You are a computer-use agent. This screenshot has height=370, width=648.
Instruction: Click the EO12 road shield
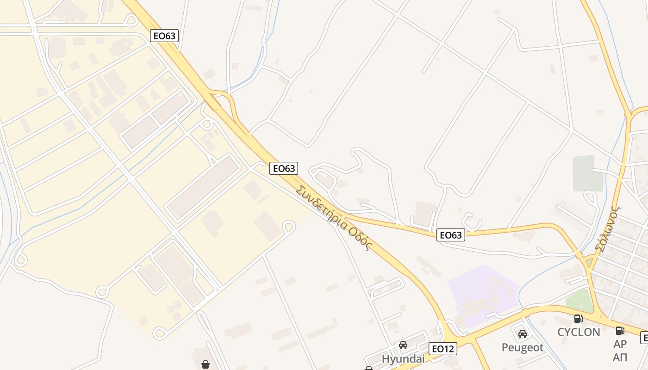coord(443,348)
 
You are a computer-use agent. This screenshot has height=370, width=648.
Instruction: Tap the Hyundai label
coord(403,359)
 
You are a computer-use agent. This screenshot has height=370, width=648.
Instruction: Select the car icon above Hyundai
coord(403,345)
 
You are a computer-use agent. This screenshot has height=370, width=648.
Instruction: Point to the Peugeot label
coord(523,347)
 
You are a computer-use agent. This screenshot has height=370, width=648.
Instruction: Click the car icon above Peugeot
coord(523,333)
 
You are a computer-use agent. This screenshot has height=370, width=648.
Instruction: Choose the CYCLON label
coord(579,332)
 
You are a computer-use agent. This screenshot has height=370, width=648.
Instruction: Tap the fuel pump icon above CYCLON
coord(578,318)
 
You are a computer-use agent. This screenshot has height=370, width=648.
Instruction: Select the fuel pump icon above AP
coord(620,330)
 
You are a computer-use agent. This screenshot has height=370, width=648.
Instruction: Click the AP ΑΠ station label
coord(620,351)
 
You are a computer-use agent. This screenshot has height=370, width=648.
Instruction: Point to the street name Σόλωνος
coord(607,229)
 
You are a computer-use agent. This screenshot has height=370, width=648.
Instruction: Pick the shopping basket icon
coord(206,364)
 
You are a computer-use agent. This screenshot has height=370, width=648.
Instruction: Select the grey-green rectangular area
coord(589,173)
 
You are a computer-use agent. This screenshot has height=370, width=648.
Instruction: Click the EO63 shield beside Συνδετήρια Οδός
coord(284,168)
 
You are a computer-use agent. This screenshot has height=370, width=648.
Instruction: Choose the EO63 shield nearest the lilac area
coord(450,235)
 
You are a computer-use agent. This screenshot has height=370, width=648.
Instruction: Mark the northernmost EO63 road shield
coord(164,36)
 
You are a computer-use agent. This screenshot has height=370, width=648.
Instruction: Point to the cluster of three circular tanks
coord(174,308)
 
